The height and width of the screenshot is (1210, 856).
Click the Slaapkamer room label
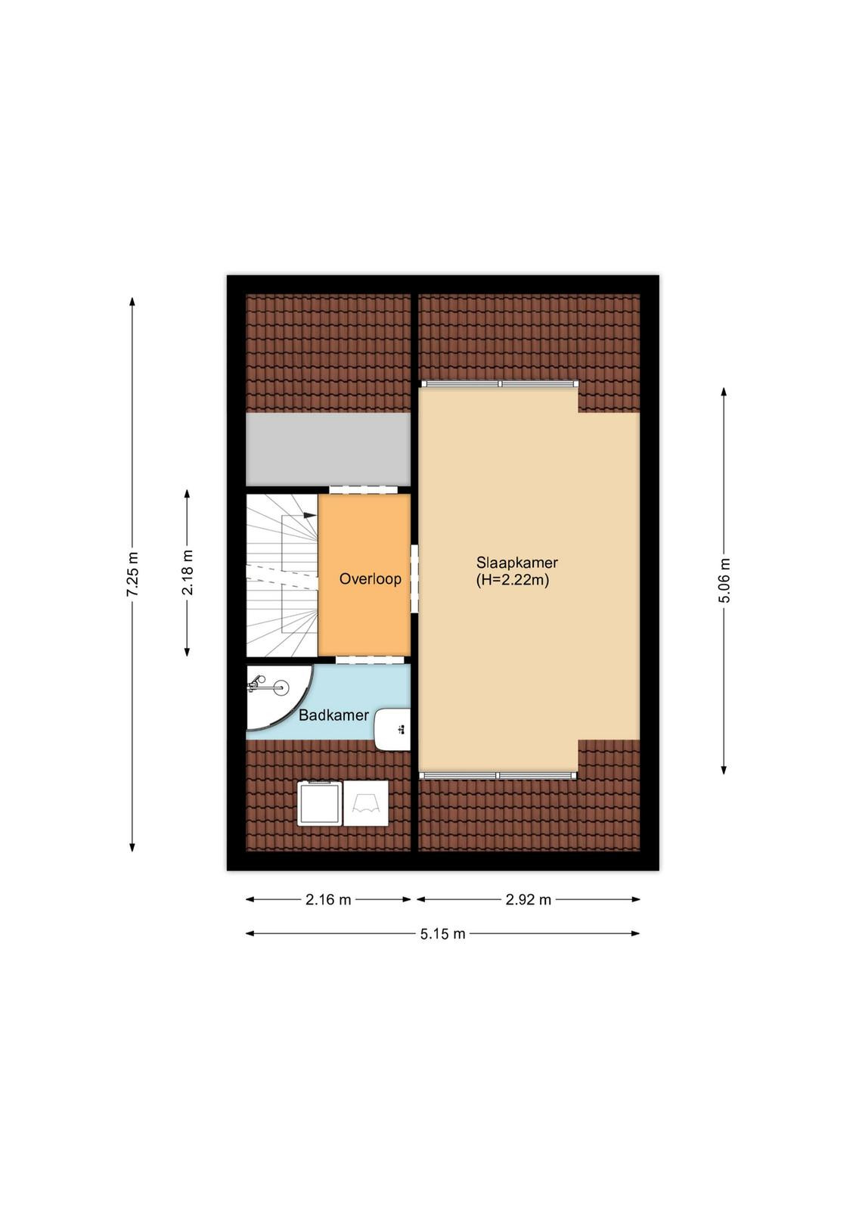pos(516,563)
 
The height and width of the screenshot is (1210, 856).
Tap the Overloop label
pos(370,579)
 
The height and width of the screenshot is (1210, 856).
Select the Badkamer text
pos(333,715)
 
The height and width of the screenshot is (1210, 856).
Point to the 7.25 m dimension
pos(132,574)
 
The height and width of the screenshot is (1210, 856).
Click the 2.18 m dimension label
pos(188,572)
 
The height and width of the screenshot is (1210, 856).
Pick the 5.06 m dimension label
pos(724,580)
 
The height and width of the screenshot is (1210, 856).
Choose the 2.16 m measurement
pos(328,899)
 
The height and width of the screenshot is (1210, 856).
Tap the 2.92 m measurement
pos(528,899)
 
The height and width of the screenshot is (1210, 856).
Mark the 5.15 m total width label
pos(443,934)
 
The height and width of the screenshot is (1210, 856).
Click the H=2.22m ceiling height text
pos(513,581)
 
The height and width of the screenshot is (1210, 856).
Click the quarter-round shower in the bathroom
pos(279,697)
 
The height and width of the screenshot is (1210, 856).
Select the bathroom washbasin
pos(392,729)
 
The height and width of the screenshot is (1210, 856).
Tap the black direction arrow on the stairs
pos(309,515)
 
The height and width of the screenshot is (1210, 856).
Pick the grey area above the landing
pos(328,449)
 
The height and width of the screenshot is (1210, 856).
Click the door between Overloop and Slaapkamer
pos(415,579)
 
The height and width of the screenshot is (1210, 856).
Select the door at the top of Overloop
pos(364,489)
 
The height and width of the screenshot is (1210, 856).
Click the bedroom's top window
pos(500,383)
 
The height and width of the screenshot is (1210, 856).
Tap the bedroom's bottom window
pos(498,775)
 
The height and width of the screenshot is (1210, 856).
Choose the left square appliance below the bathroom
pos(320,803)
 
